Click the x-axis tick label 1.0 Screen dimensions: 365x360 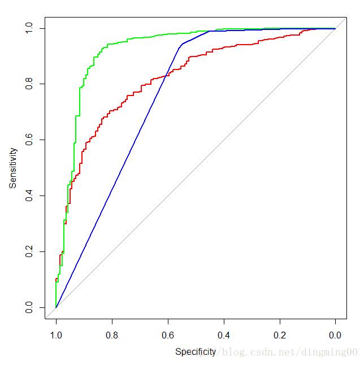click(56, 335)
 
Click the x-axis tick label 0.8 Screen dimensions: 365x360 click(112, 335)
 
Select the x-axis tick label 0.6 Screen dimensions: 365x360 click(168, 335)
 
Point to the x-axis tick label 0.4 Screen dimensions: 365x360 click(224, 335)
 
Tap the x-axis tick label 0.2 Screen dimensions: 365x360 click(280, 335)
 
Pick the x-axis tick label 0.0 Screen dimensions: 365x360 click(336, 335)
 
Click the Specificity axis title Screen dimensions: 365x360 click(196, 351)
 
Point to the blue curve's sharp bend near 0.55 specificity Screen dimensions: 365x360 click(181, 44)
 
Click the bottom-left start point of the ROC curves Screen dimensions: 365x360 click(56, 307)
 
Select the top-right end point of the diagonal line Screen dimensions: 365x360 click(336, 28)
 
